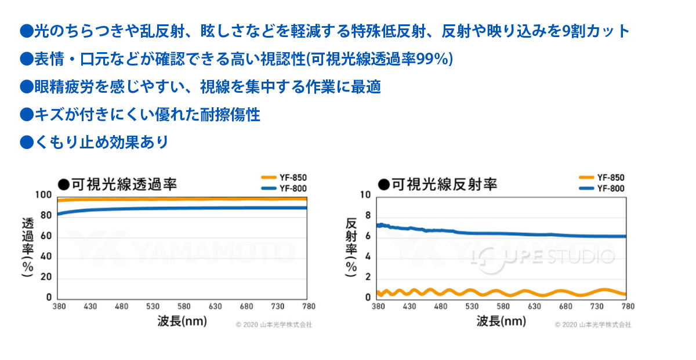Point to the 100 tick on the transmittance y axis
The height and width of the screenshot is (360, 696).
[45, 195]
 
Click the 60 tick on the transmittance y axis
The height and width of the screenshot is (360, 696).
[46, 237]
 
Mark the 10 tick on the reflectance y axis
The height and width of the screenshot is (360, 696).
[365, 195]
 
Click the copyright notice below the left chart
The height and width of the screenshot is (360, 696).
[274, 325]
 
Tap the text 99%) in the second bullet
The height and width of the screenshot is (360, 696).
[436, 59]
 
